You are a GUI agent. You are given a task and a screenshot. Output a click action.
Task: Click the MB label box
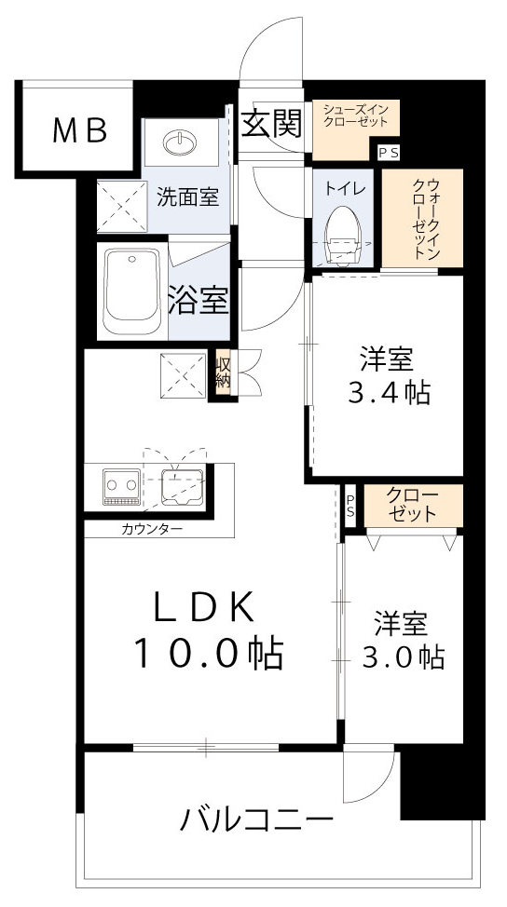coord(78,130)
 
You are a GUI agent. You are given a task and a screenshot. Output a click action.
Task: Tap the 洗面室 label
coord(187,197)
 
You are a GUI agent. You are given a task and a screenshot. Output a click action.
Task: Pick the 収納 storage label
coord(223,372)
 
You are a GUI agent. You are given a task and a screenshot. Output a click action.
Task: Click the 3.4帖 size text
coord(389,394)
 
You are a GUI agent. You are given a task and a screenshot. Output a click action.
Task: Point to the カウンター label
coord(151,529)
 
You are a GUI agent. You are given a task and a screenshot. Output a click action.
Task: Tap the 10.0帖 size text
coord(207,655)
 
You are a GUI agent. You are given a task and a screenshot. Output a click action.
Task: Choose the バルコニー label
coord(256,820)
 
